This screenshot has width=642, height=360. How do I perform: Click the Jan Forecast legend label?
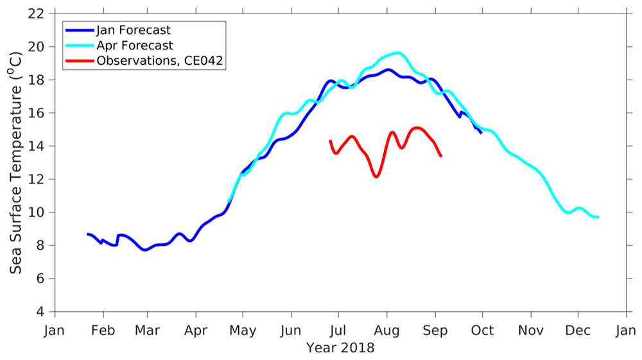tap(132, 30)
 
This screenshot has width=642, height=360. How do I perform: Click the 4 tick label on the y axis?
tap(40, 312)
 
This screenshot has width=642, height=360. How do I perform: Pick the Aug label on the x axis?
tap(386, 331)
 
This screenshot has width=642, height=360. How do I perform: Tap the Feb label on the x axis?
tap(103, 331)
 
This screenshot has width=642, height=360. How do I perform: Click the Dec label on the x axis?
tap(578, 331)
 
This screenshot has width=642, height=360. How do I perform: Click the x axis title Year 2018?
tap(340, 348)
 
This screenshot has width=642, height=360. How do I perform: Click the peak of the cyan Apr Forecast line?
tap(397, 53)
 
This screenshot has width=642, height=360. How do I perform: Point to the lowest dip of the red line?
tap(376, 176)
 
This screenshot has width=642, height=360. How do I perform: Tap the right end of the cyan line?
tap(598, 218)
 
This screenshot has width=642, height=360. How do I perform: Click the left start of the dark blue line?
tap(88, 234)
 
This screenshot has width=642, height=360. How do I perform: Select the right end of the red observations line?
tap(441, 156)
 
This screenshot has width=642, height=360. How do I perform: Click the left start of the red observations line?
tap(330, 141)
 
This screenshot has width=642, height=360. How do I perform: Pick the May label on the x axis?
tap(243, 331)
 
